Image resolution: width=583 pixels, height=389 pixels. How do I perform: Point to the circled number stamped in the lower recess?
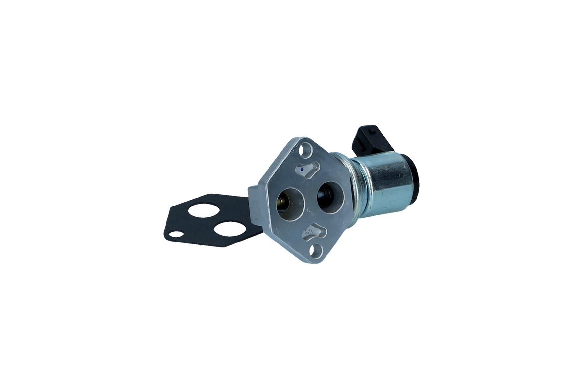(309, 231)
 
